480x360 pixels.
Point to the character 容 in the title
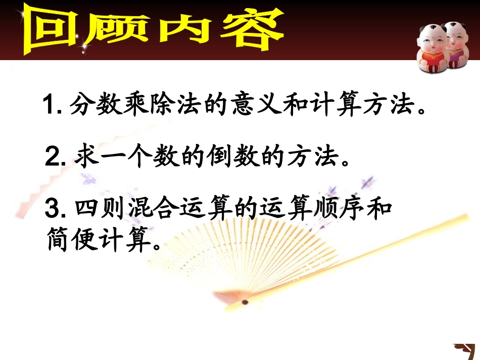pos(245,29)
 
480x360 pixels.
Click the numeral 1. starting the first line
pos(52,107)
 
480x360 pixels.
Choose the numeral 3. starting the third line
pos(55,209)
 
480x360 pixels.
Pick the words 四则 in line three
pos(97,209)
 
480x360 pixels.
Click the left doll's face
pos(429,40)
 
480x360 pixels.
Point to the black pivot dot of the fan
pos(246,302)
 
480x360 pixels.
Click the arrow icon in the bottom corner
pos(464,350)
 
